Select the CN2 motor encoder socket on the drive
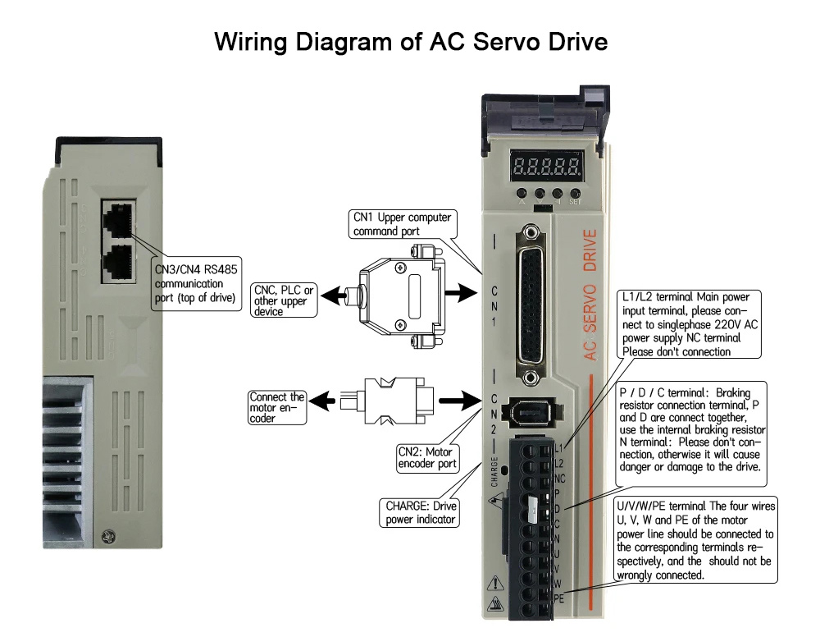point(532,411)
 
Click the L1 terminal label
point(559,448)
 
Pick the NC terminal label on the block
point(559,478)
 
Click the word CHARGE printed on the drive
point(495,473)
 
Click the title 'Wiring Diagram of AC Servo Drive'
point(411,41)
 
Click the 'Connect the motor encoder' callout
point(277,408)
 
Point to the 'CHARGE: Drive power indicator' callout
point(420,512)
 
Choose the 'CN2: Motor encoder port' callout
point(425,457)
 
